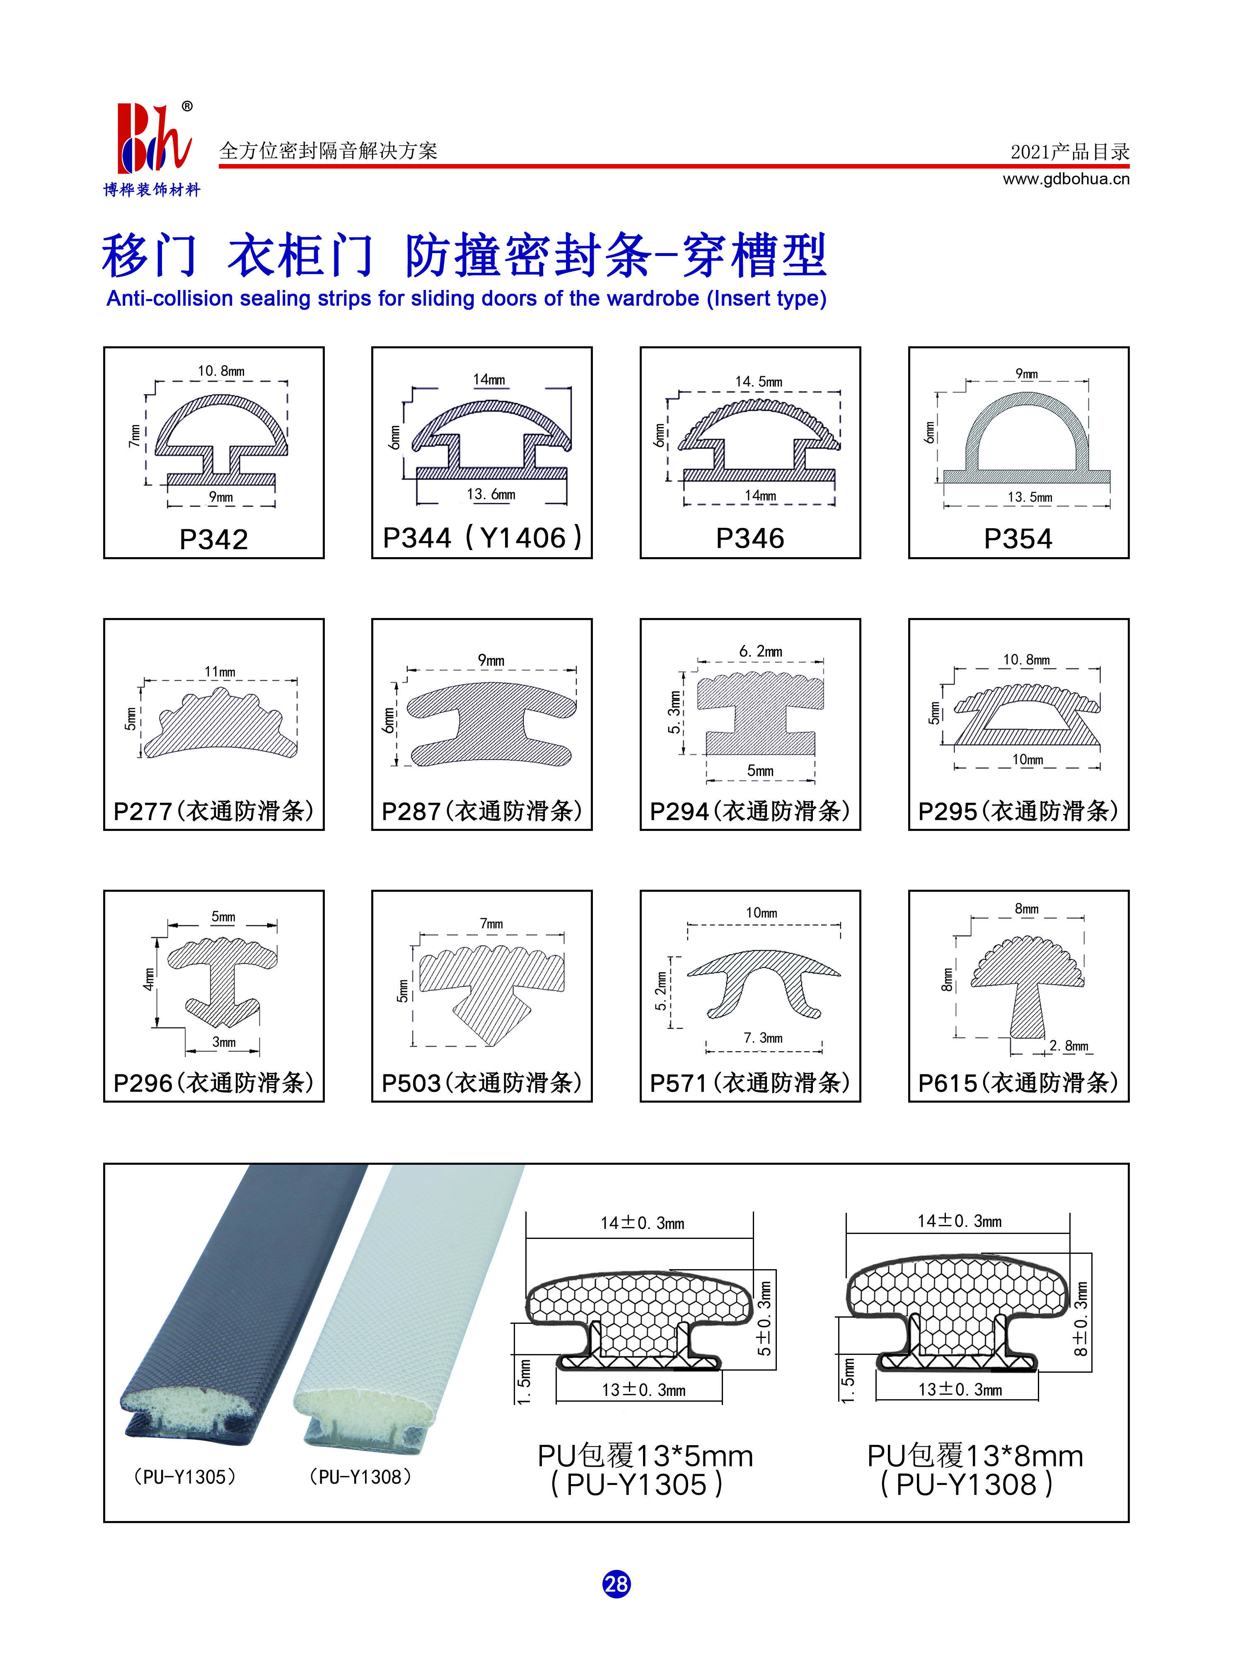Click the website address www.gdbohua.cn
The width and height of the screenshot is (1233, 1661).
click(1066, 179)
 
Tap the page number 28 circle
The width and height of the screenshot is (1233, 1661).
click(616, 1584)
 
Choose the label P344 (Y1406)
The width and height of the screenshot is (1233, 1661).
click(482, 537)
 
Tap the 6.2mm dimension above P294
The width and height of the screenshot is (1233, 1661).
click(761, 652)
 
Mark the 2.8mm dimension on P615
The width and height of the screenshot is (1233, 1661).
click(1069, 1045)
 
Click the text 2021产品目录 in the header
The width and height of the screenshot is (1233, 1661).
click(1069, 152)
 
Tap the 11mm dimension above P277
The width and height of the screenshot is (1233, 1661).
click(220, 671)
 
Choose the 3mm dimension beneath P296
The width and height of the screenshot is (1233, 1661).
click(224, 1042)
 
